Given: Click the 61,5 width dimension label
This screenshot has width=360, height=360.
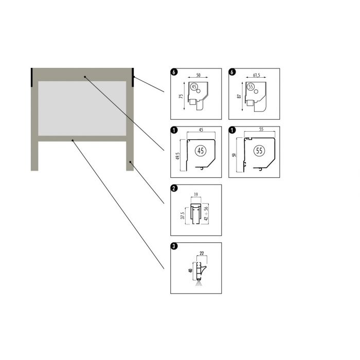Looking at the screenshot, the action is tap(257, 75).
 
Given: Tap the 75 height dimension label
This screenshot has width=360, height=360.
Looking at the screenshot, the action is tap(181, 96).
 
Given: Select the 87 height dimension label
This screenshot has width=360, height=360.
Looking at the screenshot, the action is tap(239, 96).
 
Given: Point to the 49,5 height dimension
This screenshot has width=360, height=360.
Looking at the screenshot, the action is tap(178, 156).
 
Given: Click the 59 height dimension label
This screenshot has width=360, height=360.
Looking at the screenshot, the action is tap(234, 155).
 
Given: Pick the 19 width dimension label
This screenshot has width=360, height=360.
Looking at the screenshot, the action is tap(196, 195).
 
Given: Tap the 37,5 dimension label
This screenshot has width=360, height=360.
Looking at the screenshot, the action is tap(183, 215).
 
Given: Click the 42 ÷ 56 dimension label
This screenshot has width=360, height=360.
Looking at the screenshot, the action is tap(206, 213).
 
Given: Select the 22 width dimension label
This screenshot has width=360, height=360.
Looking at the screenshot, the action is tap(202, 253).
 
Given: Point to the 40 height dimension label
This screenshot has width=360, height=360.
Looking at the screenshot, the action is tap(190, 271).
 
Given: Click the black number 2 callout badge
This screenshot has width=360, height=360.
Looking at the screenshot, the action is tap(174, 188).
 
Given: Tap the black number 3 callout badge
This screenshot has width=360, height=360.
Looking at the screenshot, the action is tap(174, 246).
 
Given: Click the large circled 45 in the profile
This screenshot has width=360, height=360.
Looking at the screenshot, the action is tap(201, 151).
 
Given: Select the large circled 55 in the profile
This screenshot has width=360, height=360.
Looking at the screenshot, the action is tap(259, 151).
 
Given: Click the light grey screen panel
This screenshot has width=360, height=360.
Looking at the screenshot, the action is tap(82, 109).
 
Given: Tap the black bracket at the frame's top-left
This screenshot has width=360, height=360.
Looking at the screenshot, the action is tap(32, 77).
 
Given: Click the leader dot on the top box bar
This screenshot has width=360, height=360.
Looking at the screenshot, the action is tap(85, 77).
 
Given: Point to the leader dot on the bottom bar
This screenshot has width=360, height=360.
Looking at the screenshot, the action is tap(73, 140).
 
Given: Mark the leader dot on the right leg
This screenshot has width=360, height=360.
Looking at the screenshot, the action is tap(130, 162).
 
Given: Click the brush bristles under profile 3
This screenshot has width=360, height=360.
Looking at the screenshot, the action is tap(199, 283).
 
